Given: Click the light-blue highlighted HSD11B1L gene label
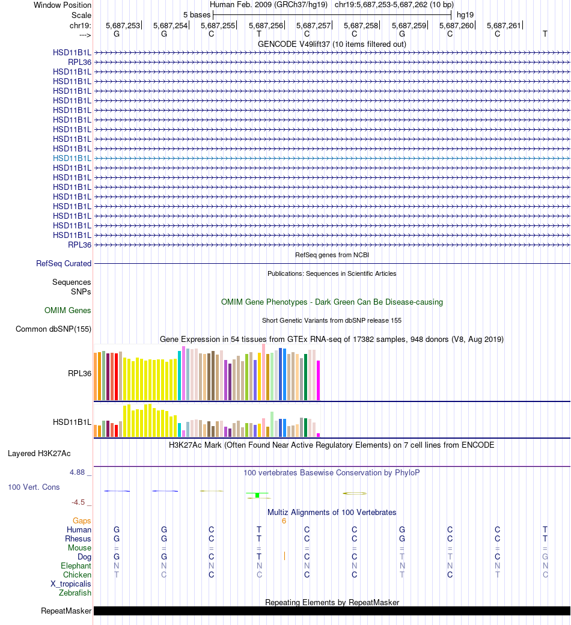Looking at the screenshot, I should coord(72,158).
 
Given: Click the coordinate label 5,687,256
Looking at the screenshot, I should coord(265,25).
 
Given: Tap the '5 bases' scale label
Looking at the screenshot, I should coord(197,14).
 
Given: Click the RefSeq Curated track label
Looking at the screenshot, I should coord(64,263).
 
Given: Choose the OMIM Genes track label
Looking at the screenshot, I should coord(68,311).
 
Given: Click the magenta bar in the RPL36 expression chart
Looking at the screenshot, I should coord(318,380).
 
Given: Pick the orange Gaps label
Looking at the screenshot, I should coord(82,521).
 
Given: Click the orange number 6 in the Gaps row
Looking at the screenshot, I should coord(284,521).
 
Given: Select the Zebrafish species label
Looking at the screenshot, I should coord(75,593).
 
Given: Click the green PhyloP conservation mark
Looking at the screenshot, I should coord(257,495).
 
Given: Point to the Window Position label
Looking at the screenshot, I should coord(63,5).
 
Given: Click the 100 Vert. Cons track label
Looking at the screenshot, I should coord(34,487).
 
